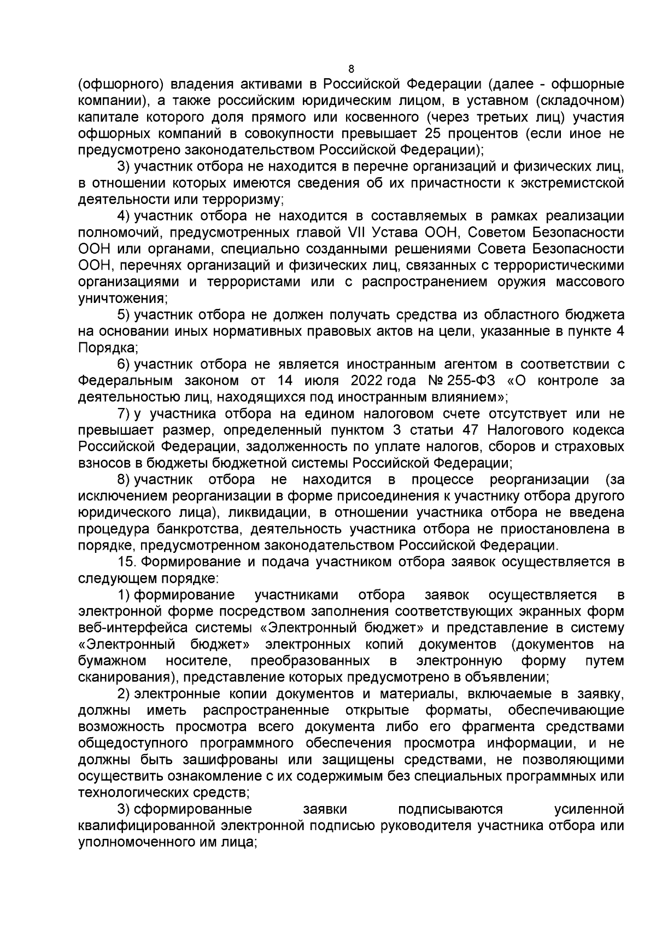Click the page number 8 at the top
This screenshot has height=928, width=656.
[351, 69]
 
